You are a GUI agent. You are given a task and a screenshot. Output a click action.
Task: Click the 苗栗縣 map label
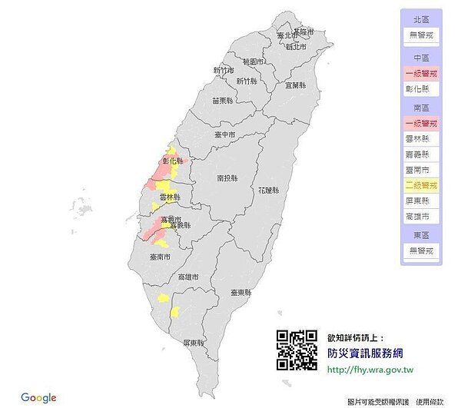(222, 100)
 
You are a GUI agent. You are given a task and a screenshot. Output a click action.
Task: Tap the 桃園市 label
(254, 61)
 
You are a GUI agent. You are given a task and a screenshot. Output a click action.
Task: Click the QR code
(297, 350)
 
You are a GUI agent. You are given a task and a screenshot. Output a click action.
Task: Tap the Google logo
(38, 397)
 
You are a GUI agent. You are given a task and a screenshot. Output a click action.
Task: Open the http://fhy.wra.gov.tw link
(370, 370)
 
